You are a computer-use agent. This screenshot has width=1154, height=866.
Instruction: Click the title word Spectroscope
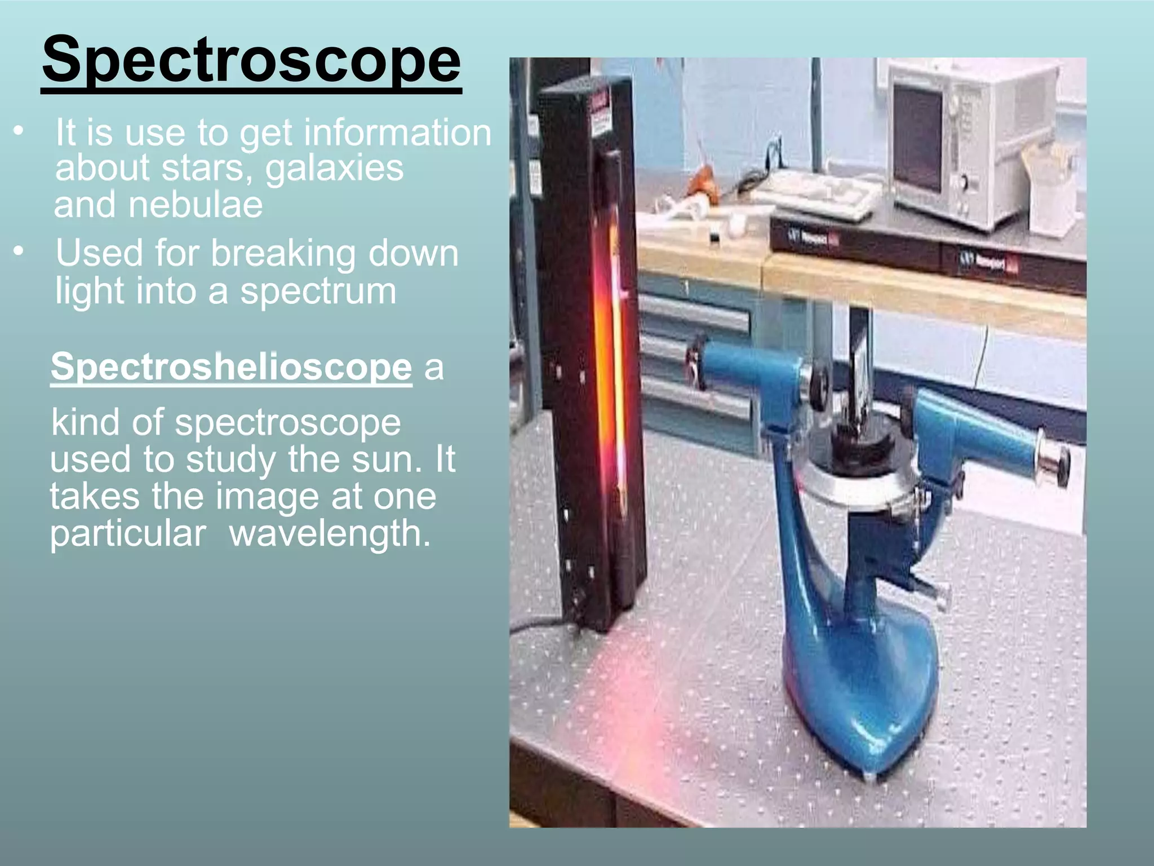point(251,60)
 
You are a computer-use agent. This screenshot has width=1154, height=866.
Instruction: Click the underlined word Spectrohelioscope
point(231,366)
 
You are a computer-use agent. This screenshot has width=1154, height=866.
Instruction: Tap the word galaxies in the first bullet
point(334,168)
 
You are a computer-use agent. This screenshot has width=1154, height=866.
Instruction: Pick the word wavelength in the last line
point(330,533)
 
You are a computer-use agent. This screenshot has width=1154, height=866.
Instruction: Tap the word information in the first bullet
point(397,133)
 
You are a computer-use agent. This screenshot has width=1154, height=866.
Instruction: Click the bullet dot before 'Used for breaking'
point(19,252)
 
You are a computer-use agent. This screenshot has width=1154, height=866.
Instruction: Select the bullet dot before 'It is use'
point(19,131)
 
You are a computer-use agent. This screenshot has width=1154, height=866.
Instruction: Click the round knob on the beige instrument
point(965,182)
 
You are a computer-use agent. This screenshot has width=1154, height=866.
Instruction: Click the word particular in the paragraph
point(128,533)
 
